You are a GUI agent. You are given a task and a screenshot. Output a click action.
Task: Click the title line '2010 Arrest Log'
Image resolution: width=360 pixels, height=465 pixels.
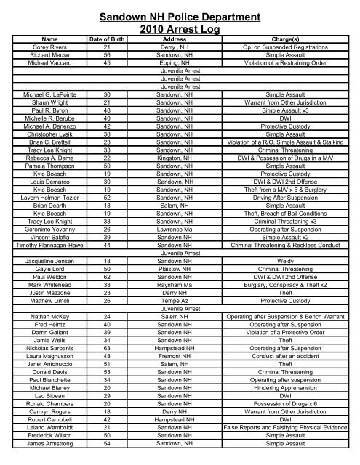[180, 29]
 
